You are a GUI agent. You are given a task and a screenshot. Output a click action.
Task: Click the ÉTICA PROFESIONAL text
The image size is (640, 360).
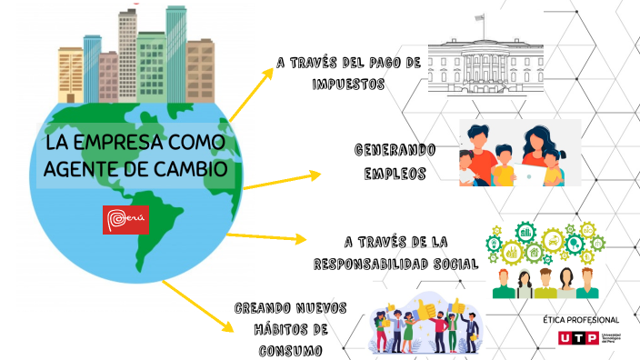[x=580, y=320]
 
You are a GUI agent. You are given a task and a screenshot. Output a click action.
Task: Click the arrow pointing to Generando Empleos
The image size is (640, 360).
[x=282, y=179]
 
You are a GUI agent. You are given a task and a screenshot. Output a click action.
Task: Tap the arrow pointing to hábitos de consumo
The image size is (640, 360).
[x=195, y=305]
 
